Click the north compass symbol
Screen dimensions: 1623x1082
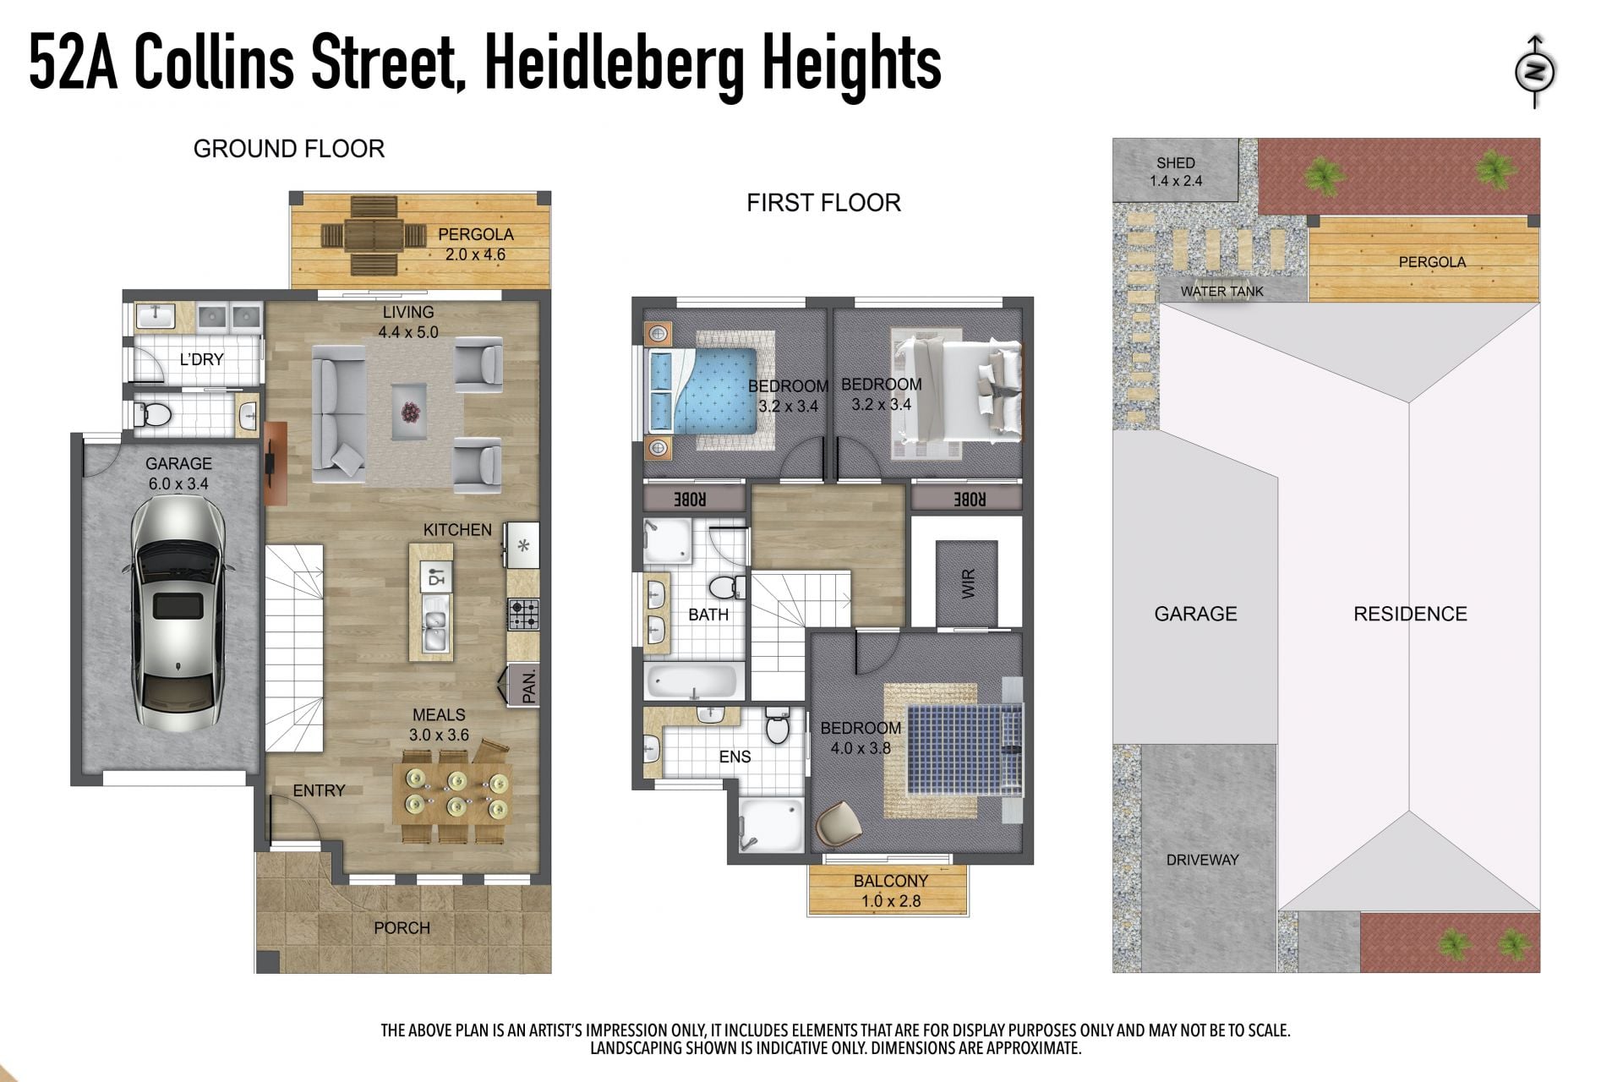[1535, 72]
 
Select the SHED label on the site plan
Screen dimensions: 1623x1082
[1176, 163]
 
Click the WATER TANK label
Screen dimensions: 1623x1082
[1221, 292]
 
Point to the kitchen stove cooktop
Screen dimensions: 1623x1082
[523, 615]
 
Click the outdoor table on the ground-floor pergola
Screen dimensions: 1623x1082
[374, 236]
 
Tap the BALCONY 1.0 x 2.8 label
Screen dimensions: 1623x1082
[891, 891]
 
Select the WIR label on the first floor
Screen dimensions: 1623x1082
[969, 583]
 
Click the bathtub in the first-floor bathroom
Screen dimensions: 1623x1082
[694, 681]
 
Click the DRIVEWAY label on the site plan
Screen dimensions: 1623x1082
[1202, 860]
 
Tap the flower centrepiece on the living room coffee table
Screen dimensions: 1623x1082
[411, 412]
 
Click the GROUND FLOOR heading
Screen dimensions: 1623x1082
[289, 149]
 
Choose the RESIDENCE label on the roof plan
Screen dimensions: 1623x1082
[1410, 614]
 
